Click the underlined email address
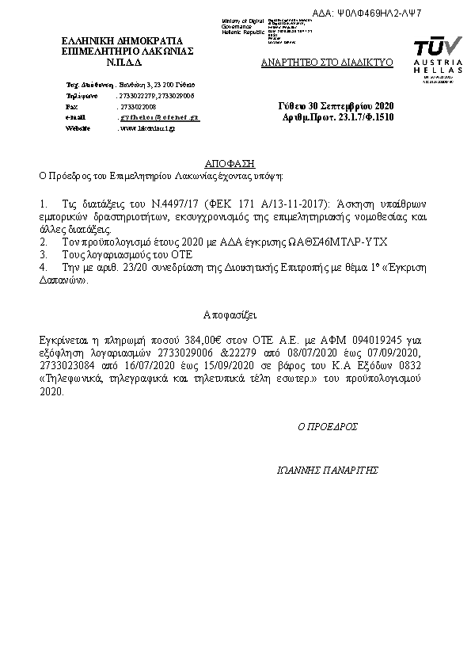158,116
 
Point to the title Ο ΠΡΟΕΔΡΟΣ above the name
328,425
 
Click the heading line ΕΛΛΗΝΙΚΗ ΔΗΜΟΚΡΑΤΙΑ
122,40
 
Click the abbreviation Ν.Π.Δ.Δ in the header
122,61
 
